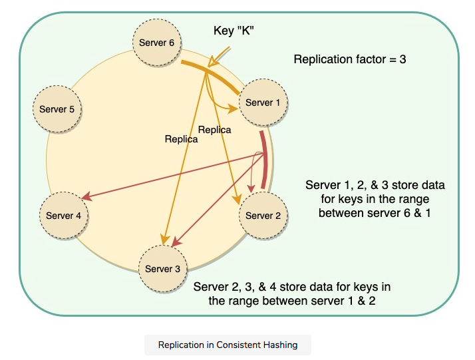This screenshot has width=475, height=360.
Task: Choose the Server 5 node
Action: [x=57, y=109]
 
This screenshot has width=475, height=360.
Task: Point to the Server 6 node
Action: [x=157, y=43]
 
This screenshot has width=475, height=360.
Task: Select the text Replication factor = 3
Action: [x=350, y=59]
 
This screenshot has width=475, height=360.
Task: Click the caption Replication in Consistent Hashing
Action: [x=228, y=345]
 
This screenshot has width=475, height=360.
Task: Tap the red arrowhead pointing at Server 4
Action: [x=86, y=197]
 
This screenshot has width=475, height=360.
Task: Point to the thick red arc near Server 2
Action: [x=265, y=160]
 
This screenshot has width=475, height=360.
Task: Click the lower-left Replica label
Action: [x=182, y=139]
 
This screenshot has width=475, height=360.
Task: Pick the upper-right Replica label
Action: [x=215, y=130]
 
